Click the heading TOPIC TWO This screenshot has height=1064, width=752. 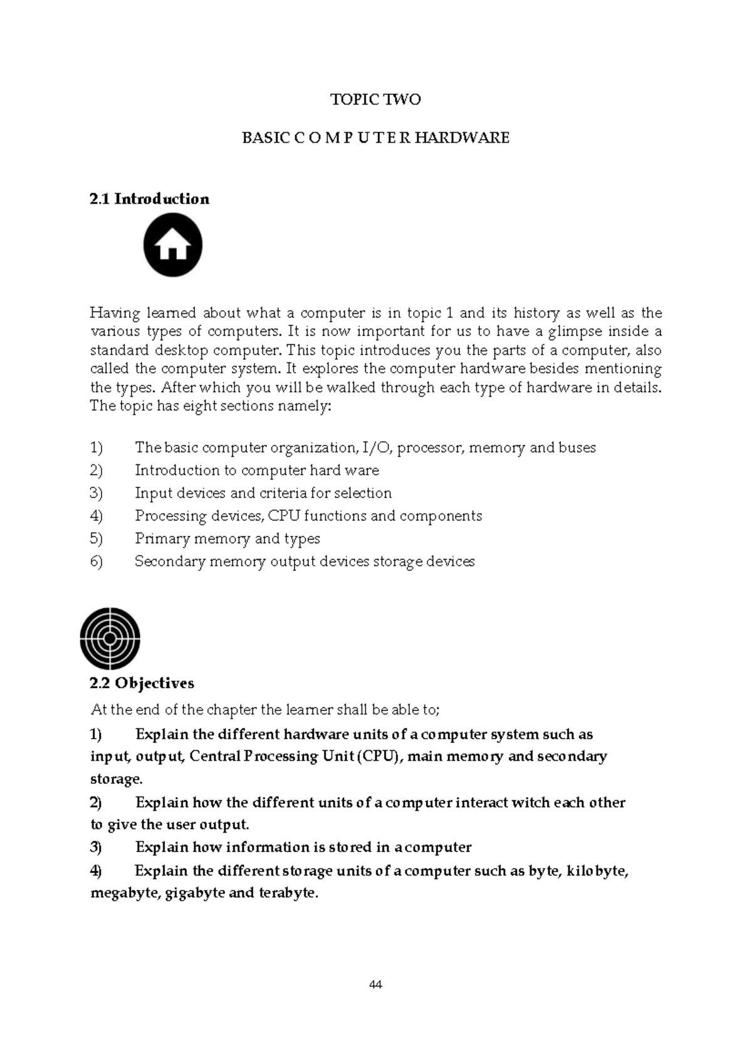pos(375,100)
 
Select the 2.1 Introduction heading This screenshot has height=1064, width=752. pos(149,199)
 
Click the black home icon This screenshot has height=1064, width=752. pos(173,245)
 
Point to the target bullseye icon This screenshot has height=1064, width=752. pos(110,638)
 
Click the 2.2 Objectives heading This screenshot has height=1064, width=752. pos(142,683)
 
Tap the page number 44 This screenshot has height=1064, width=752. pos(375,984)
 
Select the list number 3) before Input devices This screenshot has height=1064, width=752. pos(96,493)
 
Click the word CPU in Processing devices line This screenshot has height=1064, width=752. pos(284,516)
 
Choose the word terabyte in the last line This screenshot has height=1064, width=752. pos(288,893)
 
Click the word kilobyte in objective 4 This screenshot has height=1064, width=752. pos(597,871)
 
